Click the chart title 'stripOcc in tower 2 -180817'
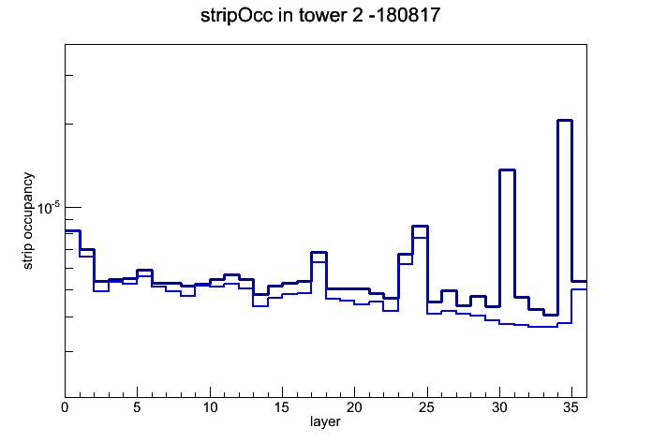[320, 16]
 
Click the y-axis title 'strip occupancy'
[27, 221]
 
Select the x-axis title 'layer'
[325, 421]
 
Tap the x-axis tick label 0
[65, 407]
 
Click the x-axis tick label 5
[137, 407]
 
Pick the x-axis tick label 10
[210, 407]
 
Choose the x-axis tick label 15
[282, 407]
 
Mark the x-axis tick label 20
[354, 407]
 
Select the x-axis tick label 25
[426, 407]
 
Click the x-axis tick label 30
[499, 407]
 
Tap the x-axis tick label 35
[571, 407]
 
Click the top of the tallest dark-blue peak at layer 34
[565, 121]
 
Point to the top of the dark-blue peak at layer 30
[507, 170]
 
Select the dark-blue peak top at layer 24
[420, 227]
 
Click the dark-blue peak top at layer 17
[319, 253]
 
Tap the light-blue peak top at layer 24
[420, 238]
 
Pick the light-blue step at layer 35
[579, 289]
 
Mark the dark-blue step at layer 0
[72, 230]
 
